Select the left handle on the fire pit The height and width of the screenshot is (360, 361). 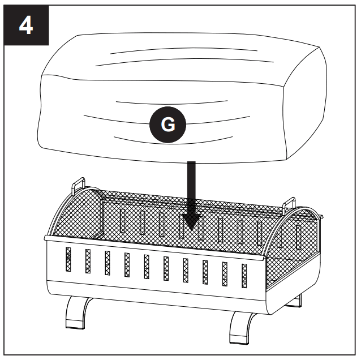click(78, 185)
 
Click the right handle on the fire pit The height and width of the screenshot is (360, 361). click(289, 202)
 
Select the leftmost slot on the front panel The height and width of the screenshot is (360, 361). click(68, 259)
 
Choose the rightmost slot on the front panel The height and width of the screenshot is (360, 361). click(244, 275)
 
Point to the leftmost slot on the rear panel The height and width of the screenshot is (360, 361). click(123, 220)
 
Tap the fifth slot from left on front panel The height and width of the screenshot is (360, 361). click(146, 266)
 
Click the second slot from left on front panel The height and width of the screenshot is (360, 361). click(88, 261)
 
